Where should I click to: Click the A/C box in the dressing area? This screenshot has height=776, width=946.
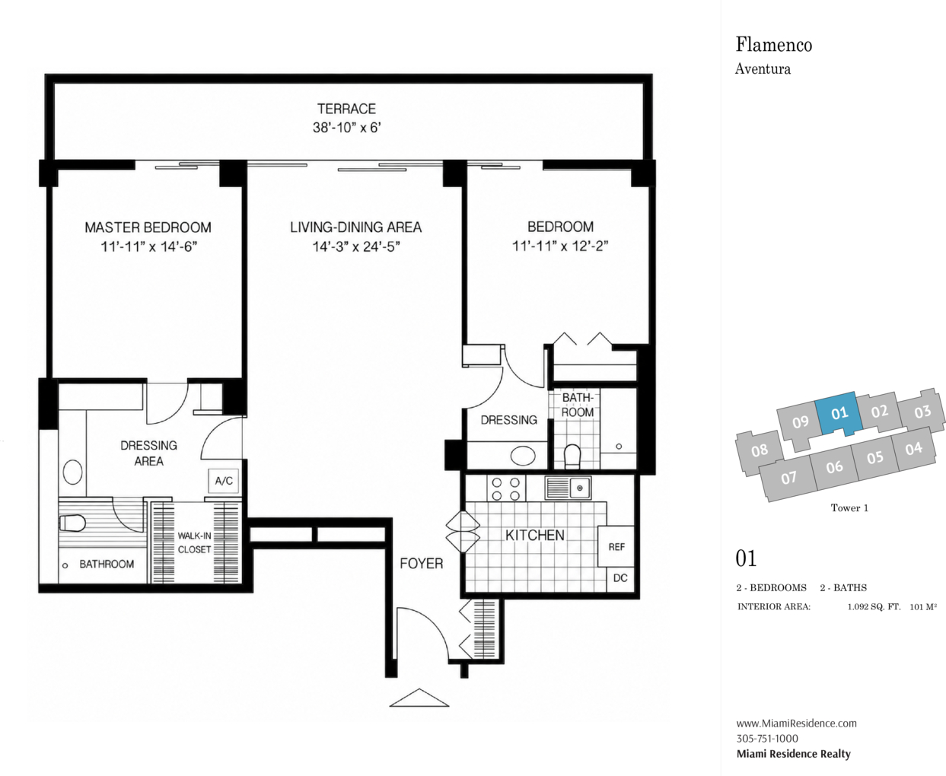click(x=224, y=481)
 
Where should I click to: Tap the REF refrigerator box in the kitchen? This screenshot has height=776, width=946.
click(x=616, y=546)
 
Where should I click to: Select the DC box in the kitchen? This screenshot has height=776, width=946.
click(x=620, y=578)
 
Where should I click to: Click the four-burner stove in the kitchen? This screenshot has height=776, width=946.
click(x=506, y=488)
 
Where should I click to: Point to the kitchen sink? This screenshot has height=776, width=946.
click(x=568, y=488)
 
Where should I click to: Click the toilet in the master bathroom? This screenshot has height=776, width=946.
click(x=72, y=523)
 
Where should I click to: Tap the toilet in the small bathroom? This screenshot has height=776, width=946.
click(x=572, y=456)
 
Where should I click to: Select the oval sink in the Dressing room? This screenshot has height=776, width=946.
click(x=523, y=456)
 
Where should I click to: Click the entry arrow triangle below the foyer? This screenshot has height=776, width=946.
click(x=419, y=698)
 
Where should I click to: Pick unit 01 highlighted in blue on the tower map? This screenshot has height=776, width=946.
click(x=838, y=413)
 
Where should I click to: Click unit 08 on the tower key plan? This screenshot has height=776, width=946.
click(x=760, y=450)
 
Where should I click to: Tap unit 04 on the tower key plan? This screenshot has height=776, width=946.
click(x=914, y=448)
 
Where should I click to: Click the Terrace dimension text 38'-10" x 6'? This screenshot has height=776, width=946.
click(x=347, y=128)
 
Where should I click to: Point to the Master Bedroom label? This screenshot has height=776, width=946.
click(x=148, y=227)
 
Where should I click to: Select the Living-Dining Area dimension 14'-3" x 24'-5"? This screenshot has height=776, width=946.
click(x=355, y=246)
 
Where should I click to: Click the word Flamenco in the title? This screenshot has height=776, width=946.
click(x=774, y=45)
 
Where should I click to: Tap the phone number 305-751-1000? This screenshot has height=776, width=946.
click(x=767, y=739)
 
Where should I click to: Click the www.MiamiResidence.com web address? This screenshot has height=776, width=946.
click(x=796, y=723)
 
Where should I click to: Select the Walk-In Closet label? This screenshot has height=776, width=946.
click(x=194, y=542)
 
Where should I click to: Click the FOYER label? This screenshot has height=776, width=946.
click(x=421, y=564)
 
